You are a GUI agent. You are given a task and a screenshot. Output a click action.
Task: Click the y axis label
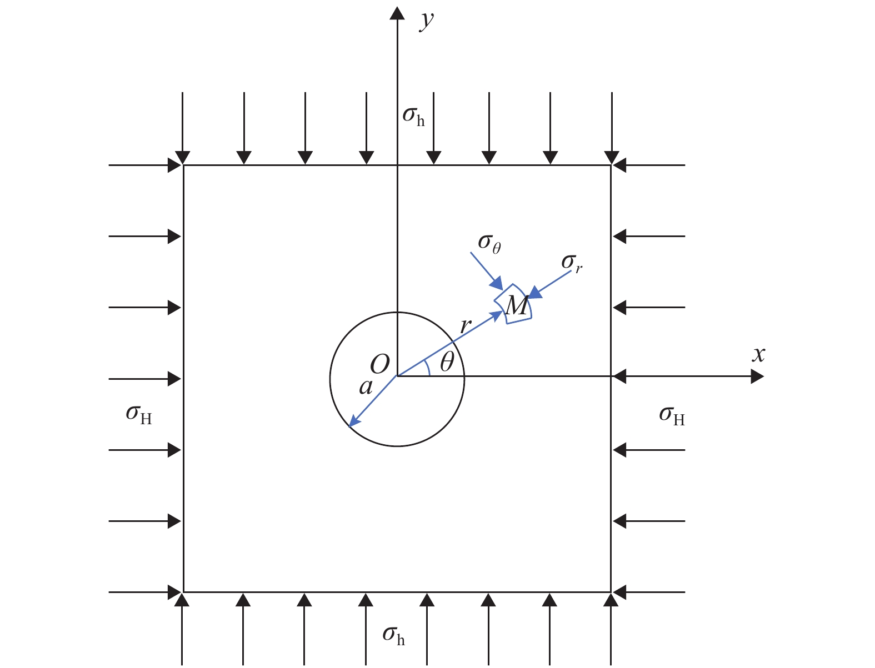tap(427, 21)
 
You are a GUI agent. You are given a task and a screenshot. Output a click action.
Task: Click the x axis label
tap(758, 354)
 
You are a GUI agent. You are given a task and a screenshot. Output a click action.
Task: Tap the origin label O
tap(379, 365)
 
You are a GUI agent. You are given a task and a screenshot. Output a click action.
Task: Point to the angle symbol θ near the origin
tap(447, 363)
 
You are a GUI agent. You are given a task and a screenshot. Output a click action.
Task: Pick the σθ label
tap(489, 243)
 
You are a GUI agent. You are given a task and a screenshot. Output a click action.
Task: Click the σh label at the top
tap(413, 115)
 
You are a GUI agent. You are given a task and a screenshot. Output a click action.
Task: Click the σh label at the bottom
tap(393, 635)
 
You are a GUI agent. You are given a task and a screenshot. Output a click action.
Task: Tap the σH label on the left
tap(138, 414)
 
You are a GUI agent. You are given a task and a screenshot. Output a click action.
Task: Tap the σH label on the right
tap(672, 415)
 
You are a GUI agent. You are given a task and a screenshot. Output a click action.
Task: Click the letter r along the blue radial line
tap(464, 325)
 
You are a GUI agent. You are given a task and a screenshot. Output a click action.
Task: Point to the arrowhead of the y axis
tap(397, 12)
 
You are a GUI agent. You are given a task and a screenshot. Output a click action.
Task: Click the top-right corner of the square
tap(611, 165)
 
